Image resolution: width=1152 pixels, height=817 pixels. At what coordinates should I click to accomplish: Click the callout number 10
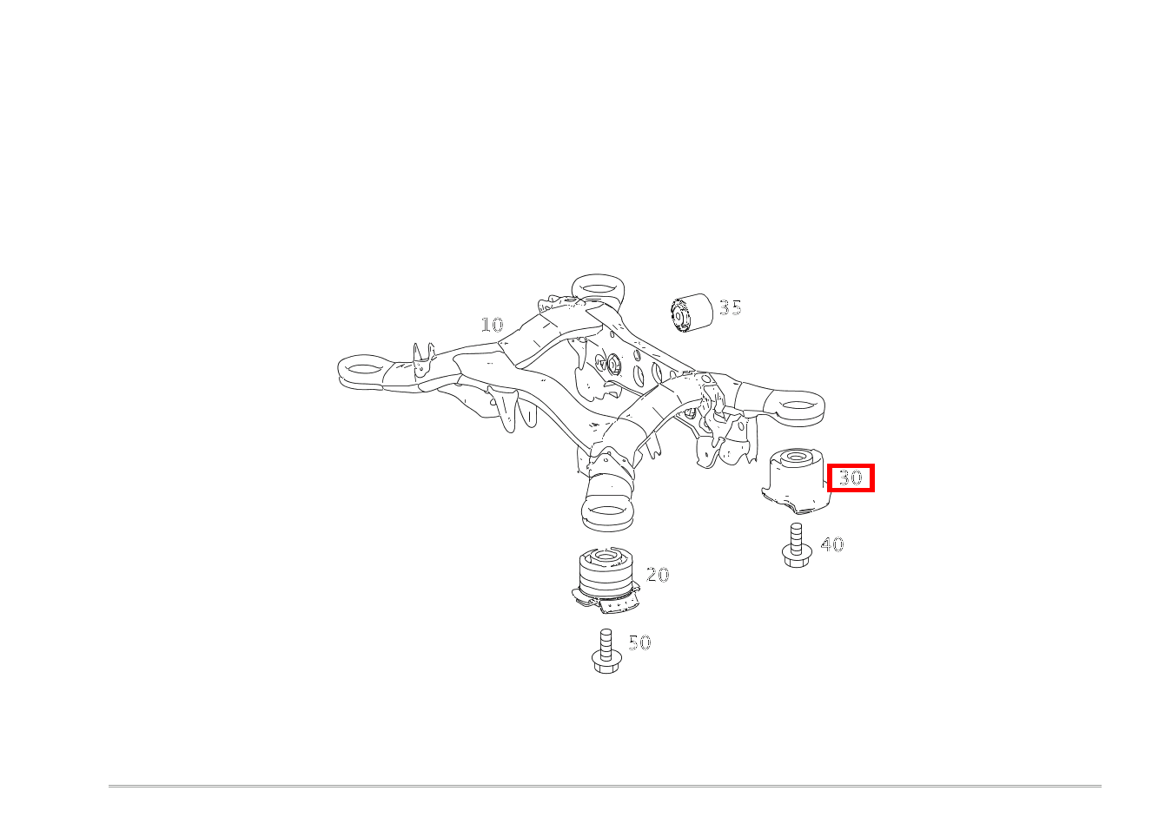[492, 325]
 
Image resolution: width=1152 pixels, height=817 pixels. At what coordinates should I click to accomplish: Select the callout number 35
[731, 308]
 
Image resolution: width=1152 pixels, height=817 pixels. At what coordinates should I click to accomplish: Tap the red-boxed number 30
[851, 478]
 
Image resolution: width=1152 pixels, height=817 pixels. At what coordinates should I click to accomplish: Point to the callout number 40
[832, 544]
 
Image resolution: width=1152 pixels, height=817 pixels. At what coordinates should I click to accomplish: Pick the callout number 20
[658, 575]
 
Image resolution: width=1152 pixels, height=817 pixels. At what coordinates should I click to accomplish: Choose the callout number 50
[639, 642]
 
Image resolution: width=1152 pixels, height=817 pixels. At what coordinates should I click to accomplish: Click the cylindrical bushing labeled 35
[692, 313]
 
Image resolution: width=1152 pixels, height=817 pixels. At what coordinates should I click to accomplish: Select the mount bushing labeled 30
[795, 481]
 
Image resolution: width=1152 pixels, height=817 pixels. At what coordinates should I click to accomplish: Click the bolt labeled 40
[796, 545]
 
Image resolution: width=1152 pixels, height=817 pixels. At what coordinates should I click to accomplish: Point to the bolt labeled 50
[606, 651]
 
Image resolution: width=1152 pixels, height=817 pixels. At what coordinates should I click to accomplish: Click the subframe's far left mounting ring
[362, 370]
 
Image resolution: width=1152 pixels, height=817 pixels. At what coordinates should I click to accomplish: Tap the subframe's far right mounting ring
[797, 406]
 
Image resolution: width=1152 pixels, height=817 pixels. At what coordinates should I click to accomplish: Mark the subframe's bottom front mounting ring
[607, 511]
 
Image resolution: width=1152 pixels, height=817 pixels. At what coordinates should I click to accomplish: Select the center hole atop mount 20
[606, 556]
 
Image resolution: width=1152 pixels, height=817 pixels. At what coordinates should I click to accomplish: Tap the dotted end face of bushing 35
[679, 315]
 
